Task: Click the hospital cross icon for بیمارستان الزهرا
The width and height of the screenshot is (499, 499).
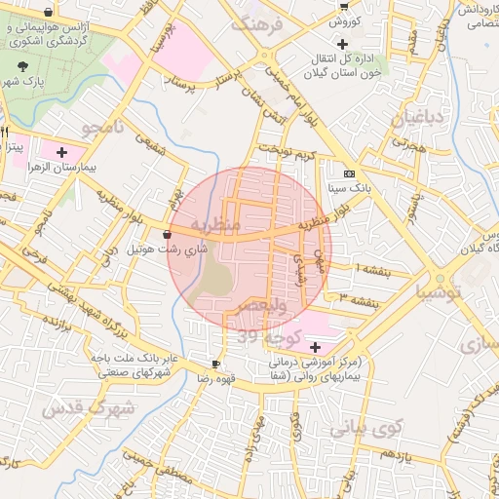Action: (62, 152)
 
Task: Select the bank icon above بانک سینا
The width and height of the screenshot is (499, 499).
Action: (349, 173)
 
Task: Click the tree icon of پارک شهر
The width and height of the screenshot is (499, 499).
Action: (22, 66)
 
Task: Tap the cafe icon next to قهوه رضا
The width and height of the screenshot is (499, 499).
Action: (216, 364)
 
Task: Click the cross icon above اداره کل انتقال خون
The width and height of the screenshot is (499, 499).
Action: (342, 44)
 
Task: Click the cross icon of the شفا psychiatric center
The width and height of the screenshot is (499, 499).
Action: (315, 347)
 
